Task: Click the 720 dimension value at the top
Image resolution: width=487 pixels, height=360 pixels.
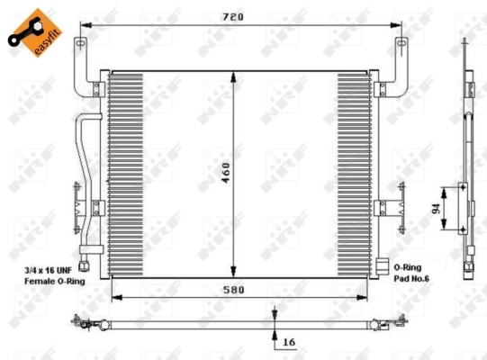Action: [237, 16]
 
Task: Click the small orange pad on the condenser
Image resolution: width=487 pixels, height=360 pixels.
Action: [383, 267]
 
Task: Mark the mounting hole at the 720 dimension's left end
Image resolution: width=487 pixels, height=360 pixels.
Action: [80, 44]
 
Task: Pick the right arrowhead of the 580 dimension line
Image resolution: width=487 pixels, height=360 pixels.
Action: [364, 296]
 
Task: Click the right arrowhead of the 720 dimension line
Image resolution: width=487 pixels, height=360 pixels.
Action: [400, 25]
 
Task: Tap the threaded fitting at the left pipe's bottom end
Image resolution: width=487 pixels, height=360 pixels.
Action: [86, 264]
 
